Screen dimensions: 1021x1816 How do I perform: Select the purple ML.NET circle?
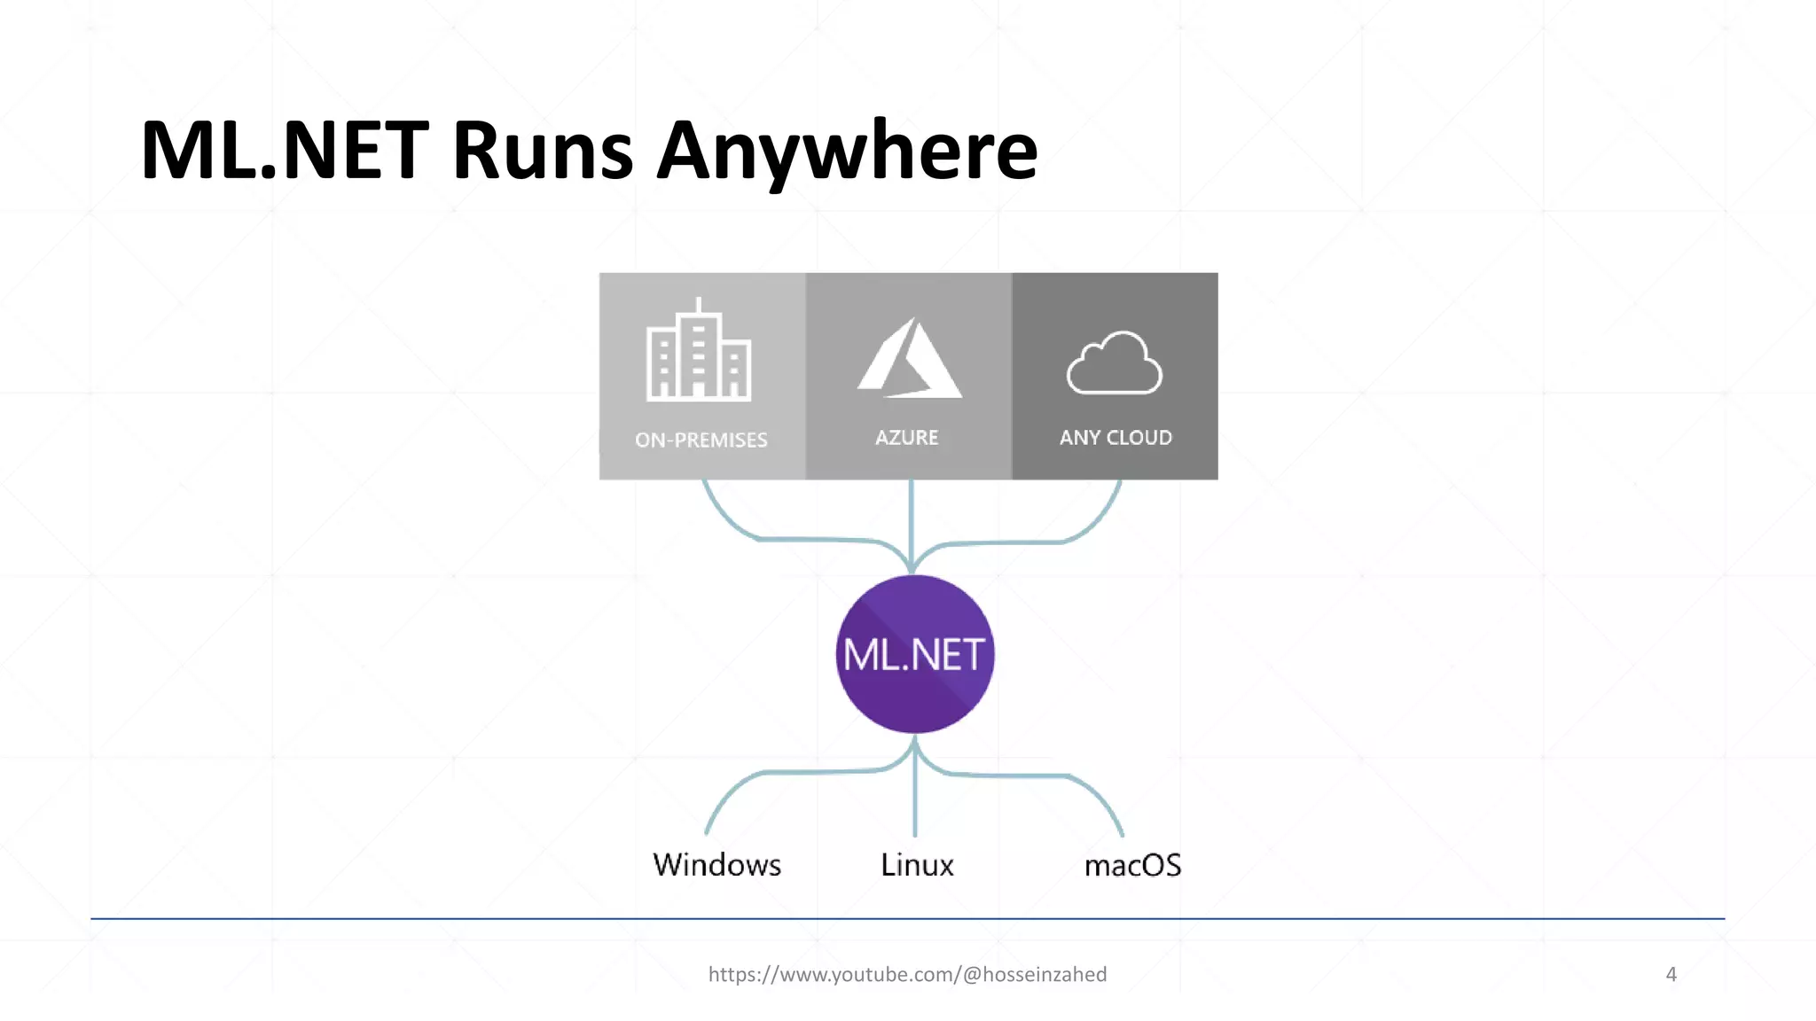click(914, 654)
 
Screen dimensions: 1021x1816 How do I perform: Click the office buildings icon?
click(699, 351)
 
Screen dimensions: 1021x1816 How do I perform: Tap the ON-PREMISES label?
click(701, 440)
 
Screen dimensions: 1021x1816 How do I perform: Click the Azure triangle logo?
click(910, 359)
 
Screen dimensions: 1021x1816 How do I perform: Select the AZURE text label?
click(906, 437)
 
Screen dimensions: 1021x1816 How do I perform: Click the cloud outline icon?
click(1115, 363)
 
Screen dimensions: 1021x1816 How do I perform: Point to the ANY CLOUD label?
click(1115, 437)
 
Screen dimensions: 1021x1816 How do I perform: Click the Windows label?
click(716, 864)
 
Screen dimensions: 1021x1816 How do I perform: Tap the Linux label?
click(917, 864)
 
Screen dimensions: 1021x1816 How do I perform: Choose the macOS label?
click(1132, 865)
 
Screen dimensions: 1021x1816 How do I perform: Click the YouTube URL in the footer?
click(907, 974)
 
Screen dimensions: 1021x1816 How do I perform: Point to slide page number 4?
click(1671, 974)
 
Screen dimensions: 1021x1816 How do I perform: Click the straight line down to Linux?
click(914, 798)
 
